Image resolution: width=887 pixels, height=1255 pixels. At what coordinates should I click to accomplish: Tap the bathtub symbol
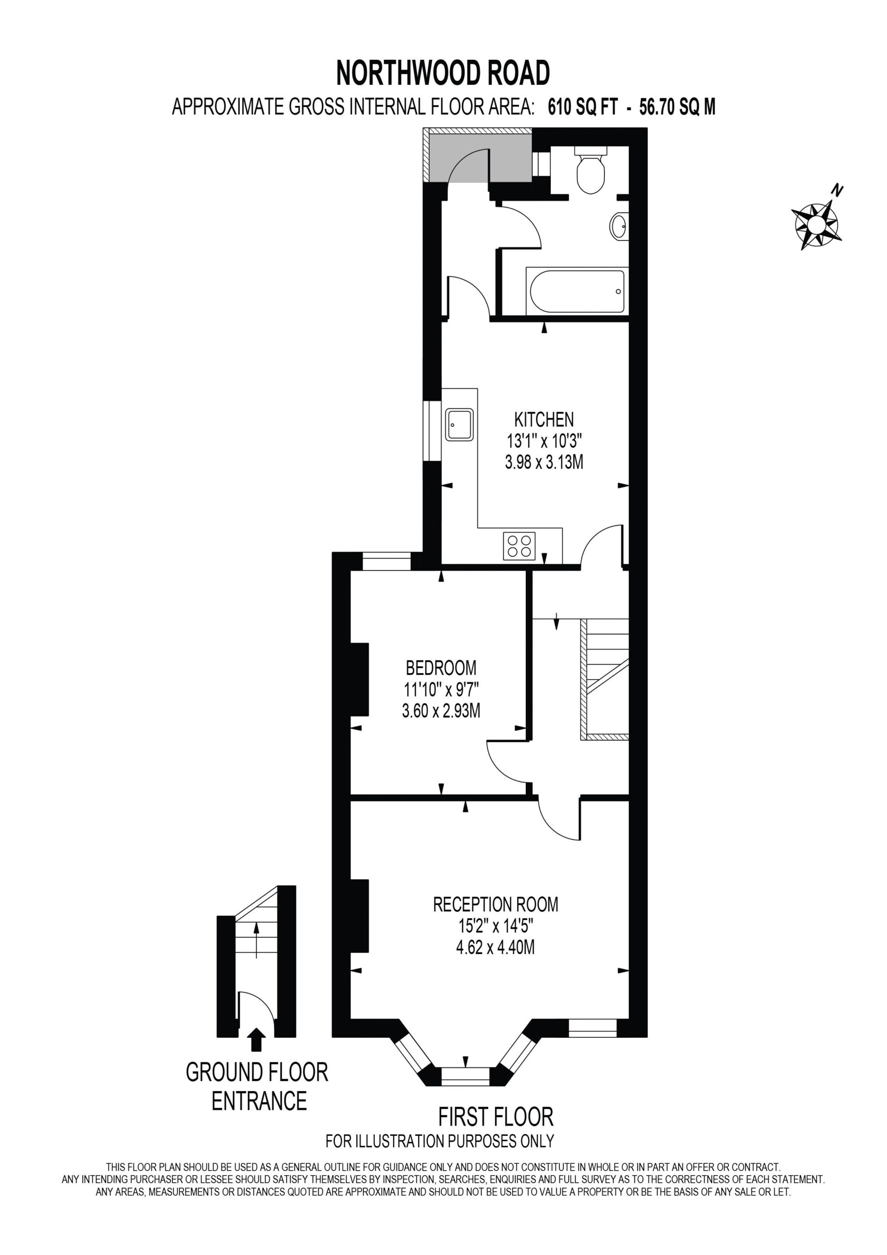coord(576,291)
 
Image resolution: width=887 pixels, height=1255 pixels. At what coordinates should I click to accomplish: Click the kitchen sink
coord(459,424)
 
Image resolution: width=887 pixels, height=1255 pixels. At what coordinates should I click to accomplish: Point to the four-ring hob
coord(518,546)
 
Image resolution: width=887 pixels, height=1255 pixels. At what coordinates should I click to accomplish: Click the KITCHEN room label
coord(544,419)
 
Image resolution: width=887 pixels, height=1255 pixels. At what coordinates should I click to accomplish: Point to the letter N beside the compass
coord(837,190)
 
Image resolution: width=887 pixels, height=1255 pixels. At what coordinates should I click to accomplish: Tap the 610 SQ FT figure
coord(583,107)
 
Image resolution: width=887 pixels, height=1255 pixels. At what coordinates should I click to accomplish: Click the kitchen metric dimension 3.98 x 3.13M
coord(544,462)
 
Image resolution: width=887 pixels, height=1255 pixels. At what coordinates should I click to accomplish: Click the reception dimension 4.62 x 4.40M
coord(495,947)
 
